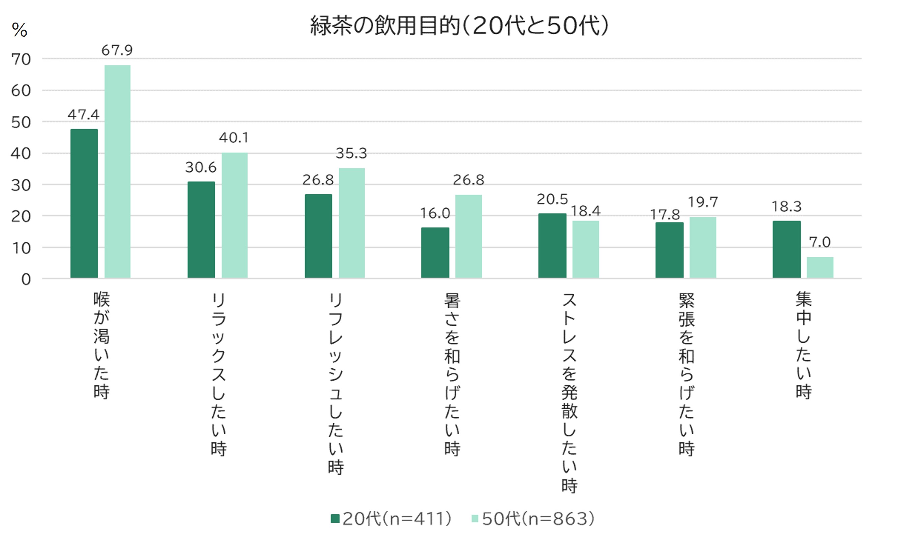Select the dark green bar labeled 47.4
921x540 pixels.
[x=84, y=203]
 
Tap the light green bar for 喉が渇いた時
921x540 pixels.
[x=117, y=172]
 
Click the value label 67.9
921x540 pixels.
[x=117, y=50]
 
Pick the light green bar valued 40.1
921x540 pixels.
[x=234, y=215]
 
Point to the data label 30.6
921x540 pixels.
[x=201, y=168]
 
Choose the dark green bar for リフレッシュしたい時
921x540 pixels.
[x=318, y=236]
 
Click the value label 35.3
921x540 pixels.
[x=351, y=153]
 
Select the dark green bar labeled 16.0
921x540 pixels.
[x=435, y=252]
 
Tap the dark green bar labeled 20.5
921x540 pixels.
[x=552, y=246]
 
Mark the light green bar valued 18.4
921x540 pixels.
[x=585, y=249]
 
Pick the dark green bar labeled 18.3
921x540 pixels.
[x=786, y=249]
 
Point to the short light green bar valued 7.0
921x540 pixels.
[x=820, y=267]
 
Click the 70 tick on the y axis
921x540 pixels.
[x=21, y=60]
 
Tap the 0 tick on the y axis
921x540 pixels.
[x=26, y=280]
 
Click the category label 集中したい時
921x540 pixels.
[x=803, y=345]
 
